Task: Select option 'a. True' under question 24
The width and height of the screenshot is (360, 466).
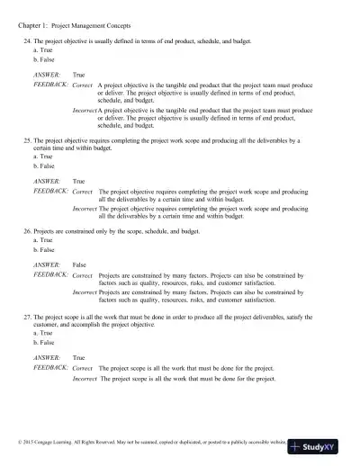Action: (40, 51)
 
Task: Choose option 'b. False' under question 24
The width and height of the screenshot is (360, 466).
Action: (41, 59)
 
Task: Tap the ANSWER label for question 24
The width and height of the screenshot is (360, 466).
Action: (47, 75)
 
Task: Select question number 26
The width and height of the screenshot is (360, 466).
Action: (27, 231)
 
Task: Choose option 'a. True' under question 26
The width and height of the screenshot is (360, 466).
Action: (40, 240)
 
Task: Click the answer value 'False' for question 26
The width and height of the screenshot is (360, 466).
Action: (79, 264)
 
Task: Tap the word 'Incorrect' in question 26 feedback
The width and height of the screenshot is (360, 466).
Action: (84, 291)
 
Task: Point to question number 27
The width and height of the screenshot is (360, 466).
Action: (27, 317)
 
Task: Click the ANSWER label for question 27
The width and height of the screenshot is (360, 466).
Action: (47, 357)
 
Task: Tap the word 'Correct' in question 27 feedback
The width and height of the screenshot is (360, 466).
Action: (82, 368)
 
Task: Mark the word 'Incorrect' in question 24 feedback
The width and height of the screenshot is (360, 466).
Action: (84, 110)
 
